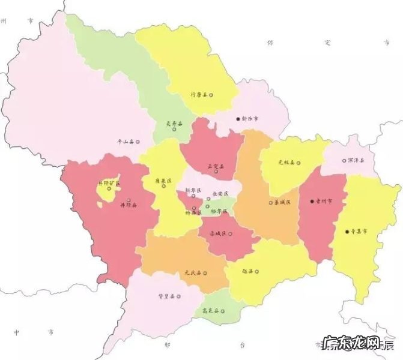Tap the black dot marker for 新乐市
click(238, 119)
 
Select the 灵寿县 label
click(174, 124)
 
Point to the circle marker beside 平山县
click(138, 142)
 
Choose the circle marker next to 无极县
click(297, 162)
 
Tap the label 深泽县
click(356, 160)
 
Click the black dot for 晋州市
click(312, 202)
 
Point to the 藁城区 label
click(282, 202)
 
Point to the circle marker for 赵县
click(257, 271)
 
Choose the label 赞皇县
click(166, 296)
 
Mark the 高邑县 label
click(210, 311)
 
